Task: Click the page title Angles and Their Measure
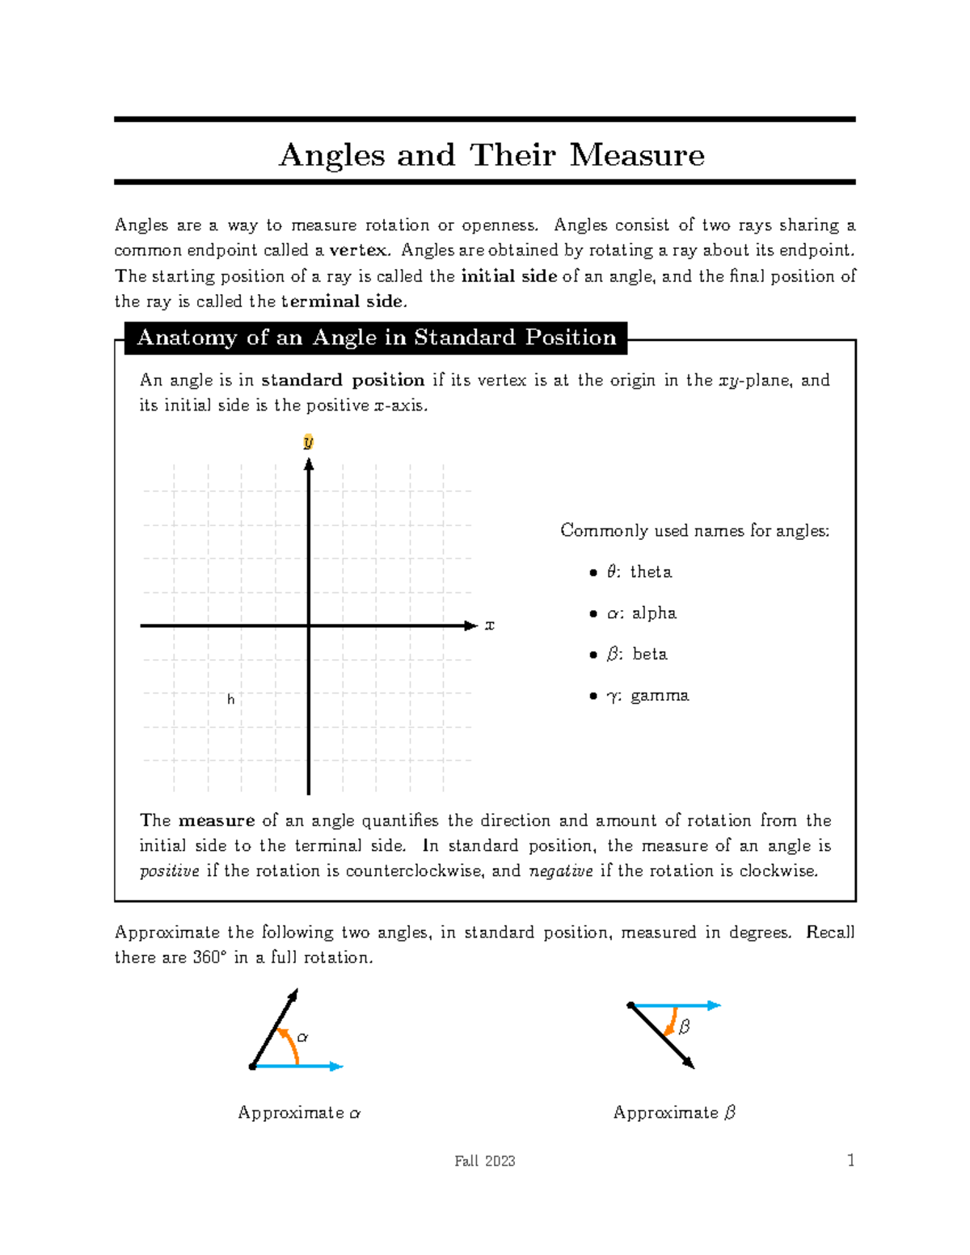point(491,154)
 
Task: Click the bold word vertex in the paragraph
point(359,251)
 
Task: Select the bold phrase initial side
point(508,276)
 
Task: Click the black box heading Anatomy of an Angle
point(376,338)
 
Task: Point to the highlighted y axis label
point(308,442)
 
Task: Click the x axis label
point(489,625)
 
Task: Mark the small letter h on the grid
point(231,700)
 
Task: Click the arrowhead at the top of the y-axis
point(309,464)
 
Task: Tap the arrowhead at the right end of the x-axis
point(471,625)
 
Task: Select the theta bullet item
point(639,572)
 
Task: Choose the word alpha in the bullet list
point(654,613)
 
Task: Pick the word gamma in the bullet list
point(660,696)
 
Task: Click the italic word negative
point(560,871)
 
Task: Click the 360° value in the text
point(210,958)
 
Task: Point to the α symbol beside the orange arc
point(303,1037)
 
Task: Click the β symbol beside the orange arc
point(685,1027)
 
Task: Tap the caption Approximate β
point(674,1113)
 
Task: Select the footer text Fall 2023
point(484,1161)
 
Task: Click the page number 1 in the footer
point(850,1160)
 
